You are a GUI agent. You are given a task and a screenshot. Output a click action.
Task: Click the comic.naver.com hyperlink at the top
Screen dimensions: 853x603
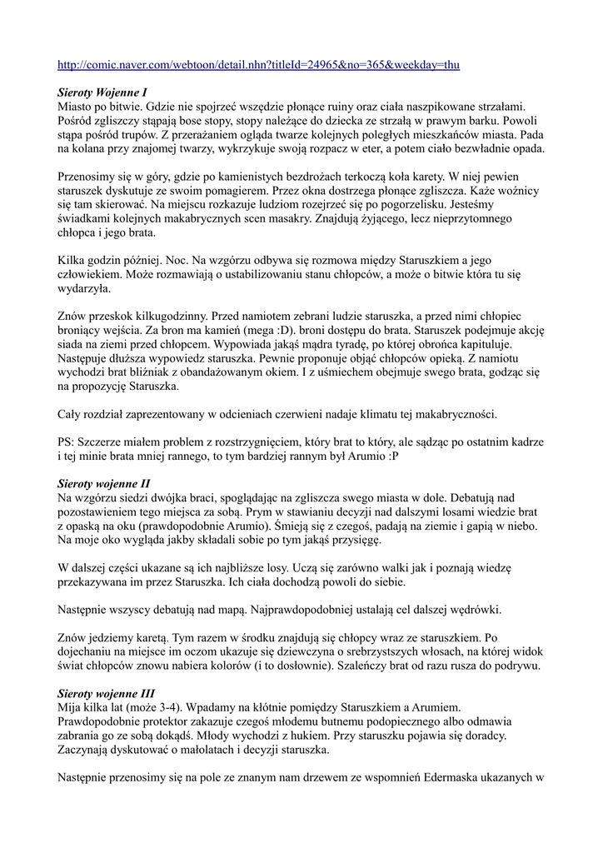point(258,64)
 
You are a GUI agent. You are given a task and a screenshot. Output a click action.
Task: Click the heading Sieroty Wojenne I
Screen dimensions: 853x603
point(103,92)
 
